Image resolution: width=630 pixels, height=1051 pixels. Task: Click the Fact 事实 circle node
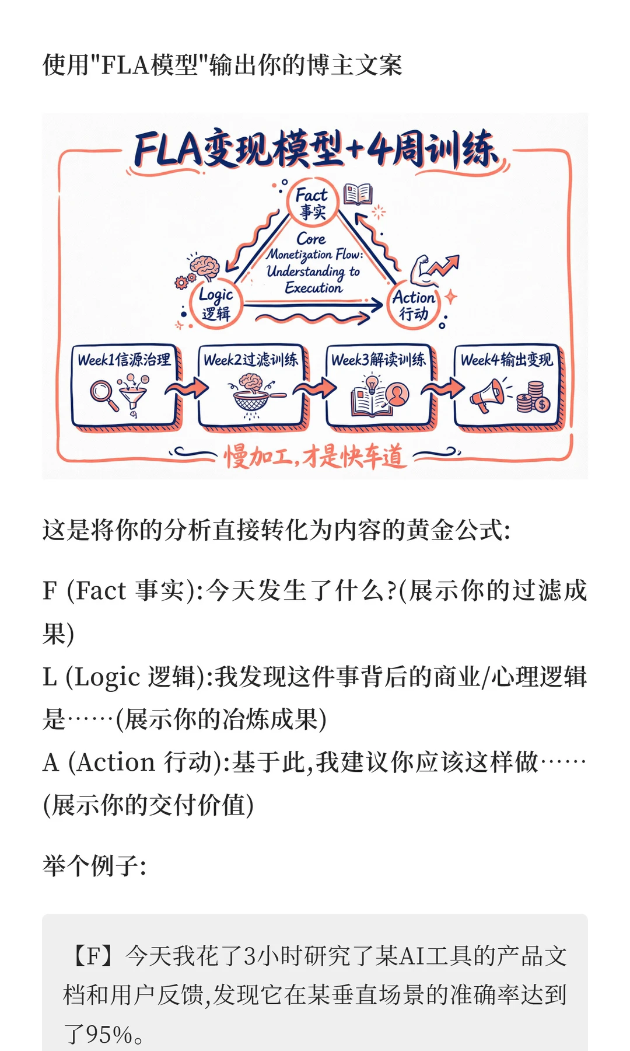312,203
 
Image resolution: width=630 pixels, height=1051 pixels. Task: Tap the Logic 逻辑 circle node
216,304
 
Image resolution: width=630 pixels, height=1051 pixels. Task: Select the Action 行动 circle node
414,304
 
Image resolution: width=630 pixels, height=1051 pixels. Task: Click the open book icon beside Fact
358,194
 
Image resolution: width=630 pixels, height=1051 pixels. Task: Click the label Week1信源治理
124,359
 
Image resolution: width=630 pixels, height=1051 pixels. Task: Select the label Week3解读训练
379,359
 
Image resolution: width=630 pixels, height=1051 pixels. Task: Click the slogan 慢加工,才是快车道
314,455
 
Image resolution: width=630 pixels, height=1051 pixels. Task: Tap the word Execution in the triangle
313,288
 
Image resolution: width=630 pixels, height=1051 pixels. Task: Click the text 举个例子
93,865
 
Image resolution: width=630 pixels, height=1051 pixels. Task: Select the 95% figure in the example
109,1034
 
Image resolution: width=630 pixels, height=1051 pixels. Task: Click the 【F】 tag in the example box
92,956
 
